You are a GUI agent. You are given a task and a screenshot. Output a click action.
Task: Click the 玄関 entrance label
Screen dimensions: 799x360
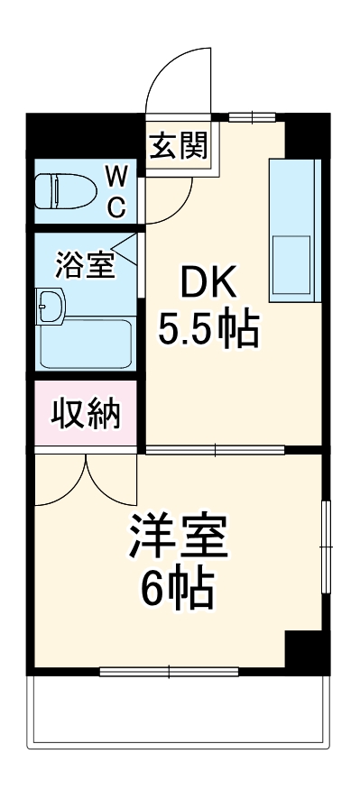(179, 146)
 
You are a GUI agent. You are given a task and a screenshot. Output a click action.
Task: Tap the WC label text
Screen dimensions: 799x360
(117, 189)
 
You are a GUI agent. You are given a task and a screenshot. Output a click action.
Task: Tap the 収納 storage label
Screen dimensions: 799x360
(85, 416)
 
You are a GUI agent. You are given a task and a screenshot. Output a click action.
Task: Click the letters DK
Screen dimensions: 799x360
(209, 286)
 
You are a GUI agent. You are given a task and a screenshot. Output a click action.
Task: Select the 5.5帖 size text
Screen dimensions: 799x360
(209, 331)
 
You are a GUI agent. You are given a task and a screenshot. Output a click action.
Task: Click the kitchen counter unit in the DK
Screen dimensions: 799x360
(292, 232)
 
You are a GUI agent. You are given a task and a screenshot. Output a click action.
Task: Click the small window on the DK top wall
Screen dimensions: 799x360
(252, 116)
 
